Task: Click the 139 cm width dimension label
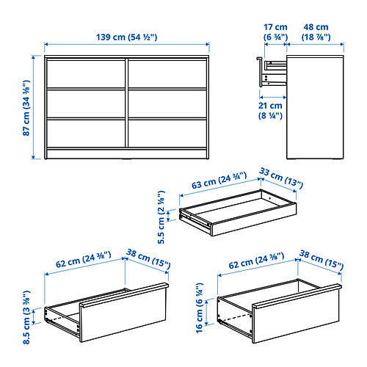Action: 126,37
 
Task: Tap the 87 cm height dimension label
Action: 26,108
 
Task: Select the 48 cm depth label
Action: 316,32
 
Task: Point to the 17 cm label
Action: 275,32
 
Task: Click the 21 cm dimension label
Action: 270,111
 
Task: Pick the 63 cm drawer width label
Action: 219,181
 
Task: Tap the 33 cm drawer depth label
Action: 281,178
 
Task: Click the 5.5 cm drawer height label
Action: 161,217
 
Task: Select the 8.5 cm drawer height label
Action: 26,317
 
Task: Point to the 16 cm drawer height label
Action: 200,308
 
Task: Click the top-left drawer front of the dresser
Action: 86,73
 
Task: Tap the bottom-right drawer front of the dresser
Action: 167,134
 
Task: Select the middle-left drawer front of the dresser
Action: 86,103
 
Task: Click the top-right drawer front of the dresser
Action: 167,73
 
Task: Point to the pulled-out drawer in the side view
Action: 272,72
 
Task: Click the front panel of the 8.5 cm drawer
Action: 123,314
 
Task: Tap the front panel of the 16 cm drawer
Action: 297,315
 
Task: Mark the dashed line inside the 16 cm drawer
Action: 236,318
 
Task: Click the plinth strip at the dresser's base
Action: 127,153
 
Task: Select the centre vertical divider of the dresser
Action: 127,103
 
